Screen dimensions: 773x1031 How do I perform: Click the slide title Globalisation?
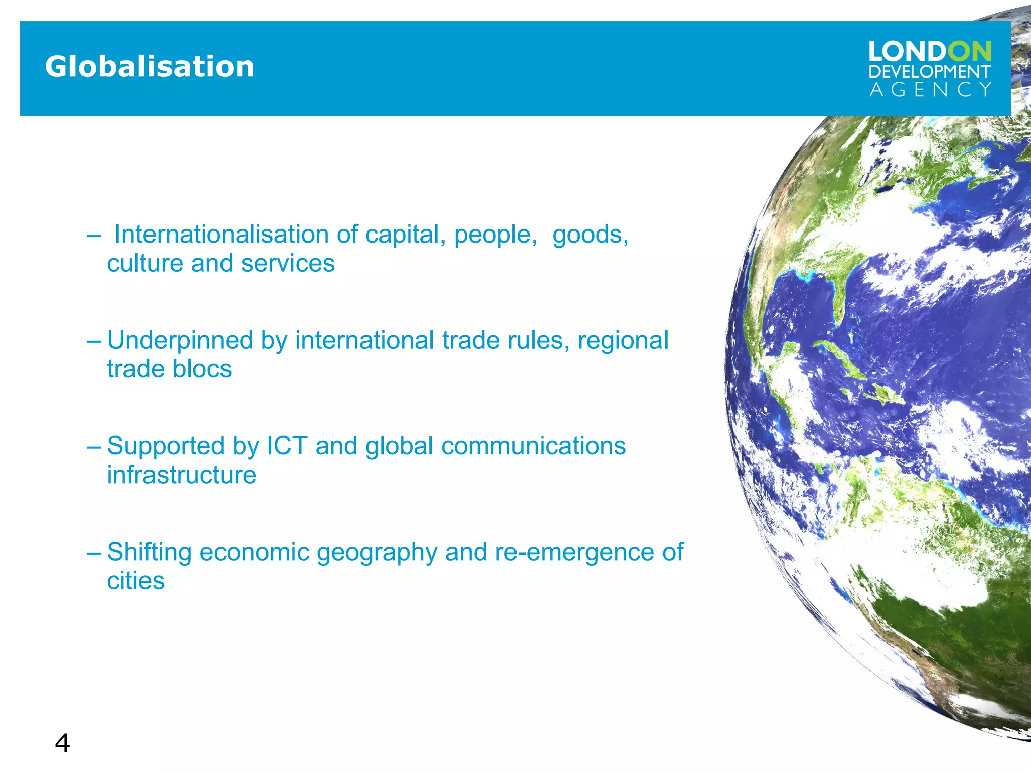tap(150, 67)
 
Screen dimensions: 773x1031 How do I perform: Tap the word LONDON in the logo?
tap(929, 52)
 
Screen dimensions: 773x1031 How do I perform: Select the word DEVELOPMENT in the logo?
tap(929, 72)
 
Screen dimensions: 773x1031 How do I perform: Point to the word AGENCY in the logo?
tap(930, 90)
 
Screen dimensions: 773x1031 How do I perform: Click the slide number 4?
tap(62, 743)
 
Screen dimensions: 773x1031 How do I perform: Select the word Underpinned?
tap(179, 341)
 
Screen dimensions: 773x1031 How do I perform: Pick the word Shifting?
tap(149, 552)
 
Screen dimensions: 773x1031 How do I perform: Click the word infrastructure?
tap(181, 475)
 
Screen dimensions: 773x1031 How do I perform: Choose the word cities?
tap(135, 581)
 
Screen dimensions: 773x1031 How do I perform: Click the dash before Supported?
tap(94, 446)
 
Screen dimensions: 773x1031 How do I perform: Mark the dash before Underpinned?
tap(94, 341)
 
